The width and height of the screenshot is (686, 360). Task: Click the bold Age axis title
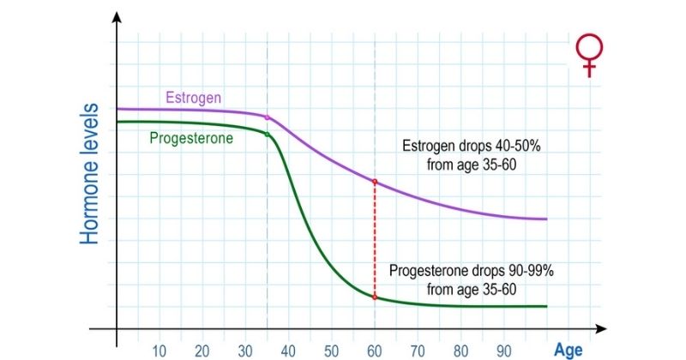coord(568,350)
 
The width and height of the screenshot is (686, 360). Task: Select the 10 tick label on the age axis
coord(159,350)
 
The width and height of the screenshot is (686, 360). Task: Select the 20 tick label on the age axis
coord(202,350)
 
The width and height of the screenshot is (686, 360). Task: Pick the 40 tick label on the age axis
coord(288,350)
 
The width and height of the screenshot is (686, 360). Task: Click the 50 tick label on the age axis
coord(331,350)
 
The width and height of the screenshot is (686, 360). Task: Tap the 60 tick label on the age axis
coord(375,350)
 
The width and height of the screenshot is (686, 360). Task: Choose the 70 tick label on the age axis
coord(418,350)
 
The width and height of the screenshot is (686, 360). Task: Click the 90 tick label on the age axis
coord(503,350)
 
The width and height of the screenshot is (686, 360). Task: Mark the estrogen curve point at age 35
coord(268,117)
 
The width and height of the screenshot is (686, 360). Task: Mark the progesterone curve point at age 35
coord(268,135)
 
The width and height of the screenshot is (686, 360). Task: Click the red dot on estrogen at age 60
coord(375,182)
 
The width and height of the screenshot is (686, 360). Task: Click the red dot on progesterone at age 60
coord(375,297)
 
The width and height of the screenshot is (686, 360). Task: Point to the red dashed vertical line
coord(375,240)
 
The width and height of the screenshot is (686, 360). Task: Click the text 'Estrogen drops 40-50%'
coord(471,146)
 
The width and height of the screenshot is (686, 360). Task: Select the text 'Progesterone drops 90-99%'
coord(472,271)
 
